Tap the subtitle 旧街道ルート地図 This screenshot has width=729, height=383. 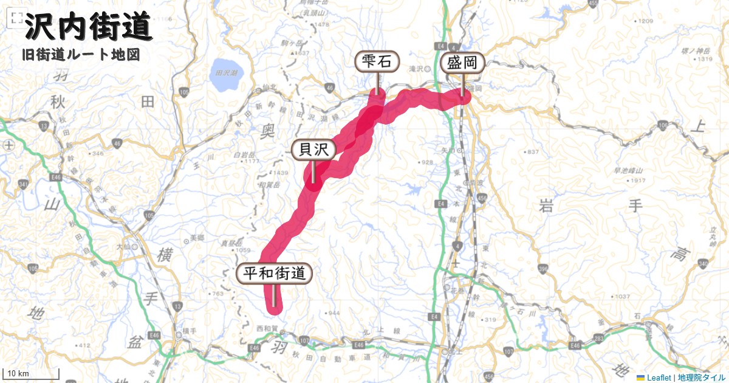[80, 55]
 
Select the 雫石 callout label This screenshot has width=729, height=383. [377, 61]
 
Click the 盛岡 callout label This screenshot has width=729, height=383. [462, 63]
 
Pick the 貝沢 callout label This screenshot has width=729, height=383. [313, 150]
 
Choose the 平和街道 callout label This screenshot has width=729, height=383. [274, 274]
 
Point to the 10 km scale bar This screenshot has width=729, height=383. [32, 373]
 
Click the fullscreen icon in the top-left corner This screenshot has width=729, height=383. [13, 19]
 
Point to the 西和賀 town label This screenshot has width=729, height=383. [267, 328]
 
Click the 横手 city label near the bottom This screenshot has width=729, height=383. [190, 331]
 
